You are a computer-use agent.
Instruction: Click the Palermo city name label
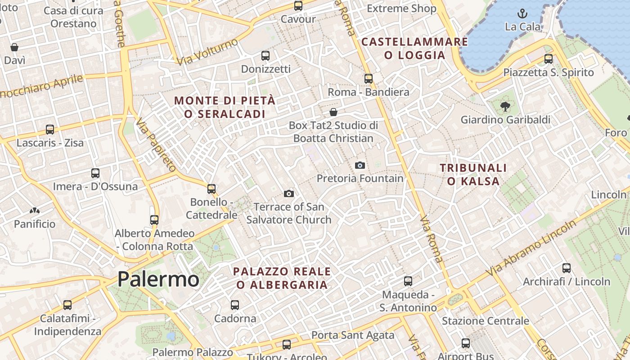pos(158,279)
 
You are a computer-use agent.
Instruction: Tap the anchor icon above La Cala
pos(522,13)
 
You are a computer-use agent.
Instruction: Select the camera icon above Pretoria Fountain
pos(360,165)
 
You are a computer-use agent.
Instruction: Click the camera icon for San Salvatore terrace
pos(289,193)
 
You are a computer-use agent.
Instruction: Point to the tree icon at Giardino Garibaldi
pos(505,107)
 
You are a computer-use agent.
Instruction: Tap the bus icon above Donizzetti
pos(265,56)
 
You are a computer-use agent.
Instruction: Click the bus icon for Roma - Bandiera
pos(369,79)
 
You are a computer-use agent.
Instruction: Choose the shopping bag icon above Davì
pos(14,47)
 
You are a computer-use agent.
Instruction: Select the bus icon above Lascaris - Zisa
pos(50,130)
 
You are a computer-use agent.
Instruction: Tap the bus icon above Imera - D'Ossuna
pos(95,173)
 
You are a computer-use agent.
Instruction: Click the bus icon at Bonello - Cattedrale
pos(211,189)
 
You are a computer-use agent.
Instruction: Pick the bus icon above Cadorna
pos(235,305)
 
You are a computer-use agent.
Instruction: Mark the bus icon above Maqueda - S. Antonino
pos(408,281)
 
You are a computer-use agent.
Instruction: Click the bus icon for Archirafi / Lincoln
pos(567,268)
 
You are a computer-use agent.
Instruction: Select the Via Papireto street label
pos(156,145)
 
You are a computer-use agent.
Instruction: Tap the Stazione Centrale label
pos(485,321)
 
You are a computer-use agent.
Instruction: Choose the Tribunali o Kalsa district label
pos(473,175)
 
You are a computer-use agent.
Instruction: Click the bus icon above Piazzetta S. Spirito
pos(549,59)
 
